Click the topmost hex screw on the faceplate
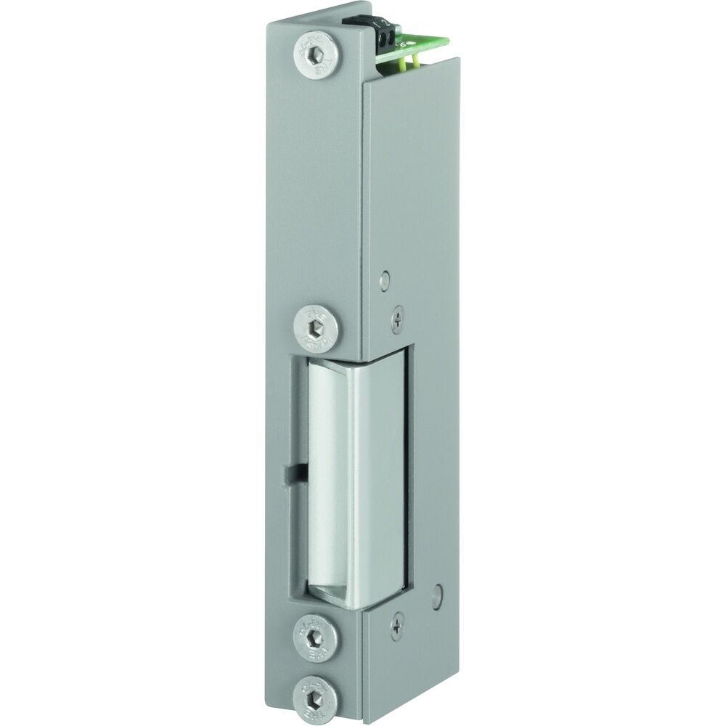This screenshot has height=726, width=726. pyautogui.click(x=317, y=54)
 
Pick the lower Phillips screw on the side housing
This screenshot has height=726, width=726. pyautogui.click(x=397, y=624)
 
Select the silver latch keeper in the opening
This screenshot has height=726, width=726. pyautogui.click(x=356, y=472)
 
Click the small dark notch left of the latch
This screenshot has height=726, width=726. pyautogui.click(x=292, y=473)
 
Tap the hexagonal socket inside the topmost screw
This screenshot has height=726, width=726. pyautogui.click(x=318, y=54)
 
